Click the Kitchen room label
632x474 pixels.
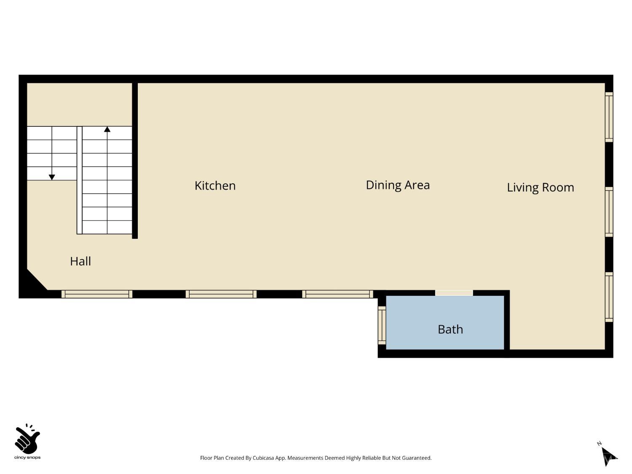pos(215,186)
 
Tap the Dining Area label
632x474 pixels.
pos(398,185)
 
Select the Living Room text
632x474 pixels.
pos(540,187)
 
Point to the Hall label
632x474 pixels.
pos(80,261)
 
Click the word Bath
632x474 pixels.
pos(450,329)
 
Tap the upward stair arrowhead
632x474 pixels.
pos(107,129)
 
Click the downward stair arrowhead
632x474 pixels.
pos(52,177)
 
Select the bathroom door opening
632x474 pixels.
pos(454,293)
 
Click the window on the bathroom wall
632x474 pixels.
pos(382,325)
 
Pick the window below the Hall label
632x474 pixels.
pos(97,294)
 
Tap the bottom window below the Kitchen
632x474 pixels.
pos(221,294)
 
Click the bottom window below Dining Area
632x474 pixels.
pos(337,294)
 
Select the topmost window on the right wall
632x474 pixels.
pos(609,117)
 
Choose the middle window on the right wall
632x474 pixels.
pos(609,212)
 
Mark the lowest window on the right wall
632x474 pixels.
pos(609,297)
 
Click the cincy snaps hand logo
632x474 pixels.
pos(27,439)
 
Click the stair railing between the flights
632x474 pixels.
pos(80,180)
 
